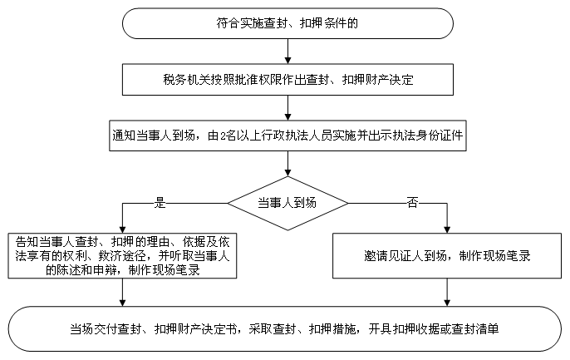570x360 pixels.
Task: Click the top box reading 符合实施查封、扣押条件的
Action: point(287,23)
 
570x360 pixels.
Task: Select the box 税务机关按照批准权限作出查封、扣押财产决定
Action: point(287,80)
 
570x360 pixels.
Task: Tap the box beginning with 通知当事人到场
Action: point(287,136)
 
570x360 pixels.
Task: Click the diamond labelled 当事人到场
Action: point(287,203)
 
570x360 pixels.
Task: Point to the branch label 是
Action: point(160,203)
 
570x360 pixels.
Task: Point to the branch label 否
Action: point(412,203)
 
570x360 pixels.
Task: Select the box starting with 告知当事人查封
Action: point(122,256)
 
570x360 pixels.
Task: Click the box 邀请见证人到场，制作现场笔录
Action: point(447,256)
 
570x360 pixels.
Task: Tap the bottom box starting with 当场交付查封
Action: point(285,328)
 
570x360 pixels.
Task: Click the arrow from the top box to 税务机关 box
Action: point(287,52)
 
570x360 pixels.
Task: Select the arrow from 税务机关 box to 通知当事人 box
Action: point(287,107)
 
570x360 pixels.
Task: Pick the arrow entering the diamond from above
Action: point(287,164)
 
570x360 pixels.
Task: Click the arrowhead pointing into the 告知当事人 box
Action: point(122,229)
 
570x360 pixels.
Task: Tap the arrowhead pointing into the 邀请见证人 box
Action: point(447,229)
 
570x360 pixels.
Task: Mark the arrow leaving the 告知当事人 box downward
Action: point(122,293)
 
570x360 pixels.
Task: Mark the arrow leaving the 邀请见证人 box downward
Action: point(447,293)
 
